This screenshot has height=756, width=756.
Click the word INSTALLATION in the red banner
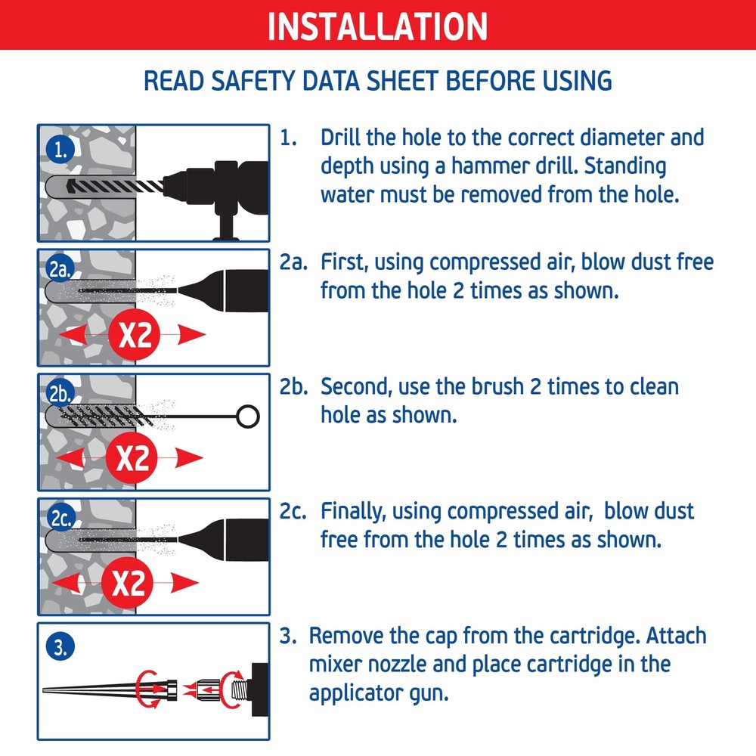click(x=377, y=26)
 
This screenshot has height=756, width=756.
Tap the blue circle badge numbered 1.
click(x=60, y=150)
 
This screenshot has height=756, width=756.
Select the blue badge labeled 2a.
click(x=60, y=269)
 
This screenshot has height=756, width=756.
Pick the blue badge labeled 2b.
click(x=60, y=393)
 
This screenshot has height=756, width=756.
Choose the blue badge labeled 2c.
click(x=60, y=517)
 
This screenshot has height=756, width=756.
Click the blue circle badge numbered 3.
click(x=60, y=646)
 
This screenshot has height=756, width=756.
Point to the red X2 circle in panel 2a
click(x=134, y=334)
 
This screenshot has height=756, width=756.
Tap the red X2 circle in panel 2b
click(x=131, y=458)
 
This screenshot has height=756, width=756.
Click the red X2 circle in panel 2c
click(x=127, y=583)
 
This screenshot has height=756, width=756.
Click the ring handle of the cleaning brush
click(x=248, y=417)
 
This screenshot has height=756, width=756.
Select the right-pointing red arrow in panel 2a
click(x=192, y=334)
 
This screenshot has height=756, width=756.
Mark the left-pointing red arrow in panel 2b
click(x=71, y=457)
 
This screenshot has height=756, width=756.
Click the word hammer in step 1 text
click(x=490, y=166)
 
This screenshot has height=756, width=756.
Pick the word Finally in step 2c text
click(x=353, y=512)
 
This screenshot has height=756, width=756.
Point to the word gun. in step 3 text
click(x=429, y=694)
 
